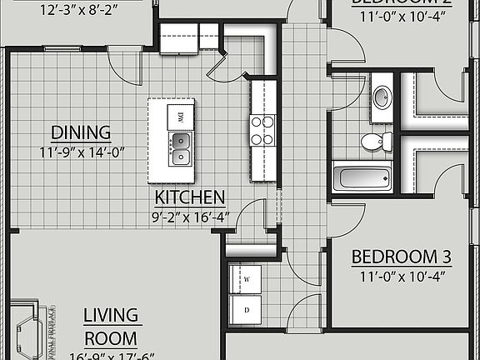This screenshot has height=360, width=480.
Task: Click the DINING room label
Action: pos(81,132)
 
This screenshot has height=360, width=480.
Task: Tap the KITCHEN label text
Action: pos(190,197)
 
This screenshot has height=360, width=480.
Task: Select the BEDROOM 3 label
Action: pos(395,257)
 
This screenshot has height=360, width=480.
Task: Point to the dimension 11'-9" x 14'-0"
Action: pos(81,152)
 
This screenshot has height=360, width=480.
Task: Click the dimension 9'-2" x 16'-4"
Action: pos(190,216)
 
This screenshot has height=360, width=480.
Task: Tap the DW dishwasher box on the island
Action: pos(179,117)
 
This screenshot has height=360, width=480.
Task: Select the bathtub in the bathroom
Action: pos(362,177)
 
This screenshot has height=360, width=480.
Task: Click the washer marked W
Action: pos(247,279)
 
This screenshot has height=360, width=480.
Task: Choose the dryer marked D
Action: pos(247,309)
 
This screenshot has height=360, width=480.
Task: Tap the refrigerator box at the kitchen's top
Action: pos(178,40)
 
